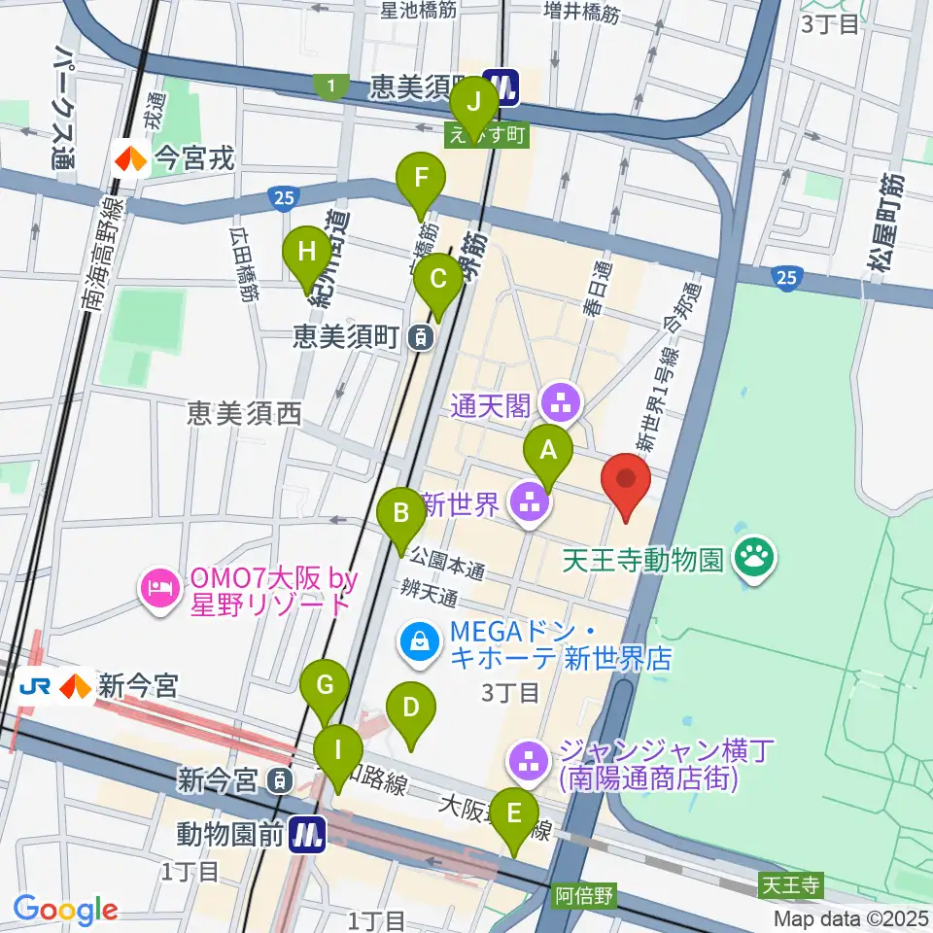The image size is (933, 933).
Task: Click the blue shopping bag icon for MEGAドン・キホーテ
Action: click(419, 643)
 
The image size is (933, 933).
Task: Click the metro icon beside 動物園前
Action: click(308, 833)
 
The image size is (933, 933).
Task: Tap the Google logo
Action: click(65, 910)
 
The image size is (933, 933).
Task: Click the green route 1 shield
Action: click(333, 87)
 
